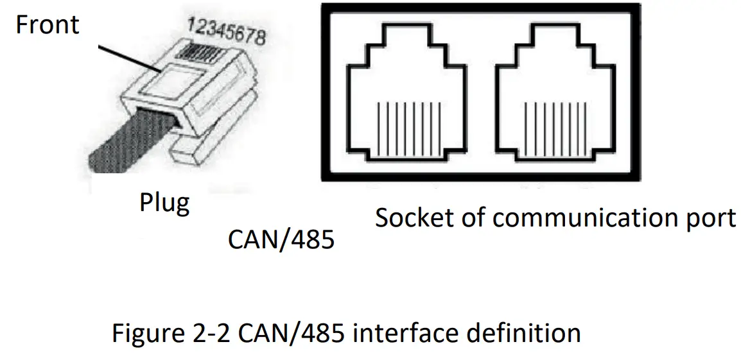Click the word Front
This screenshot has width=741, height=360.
click(47, 24)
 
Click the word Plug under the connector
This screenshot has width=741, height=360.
click(165, 203)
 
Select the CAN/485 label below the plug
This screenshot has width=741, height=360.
click(281, 239)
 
